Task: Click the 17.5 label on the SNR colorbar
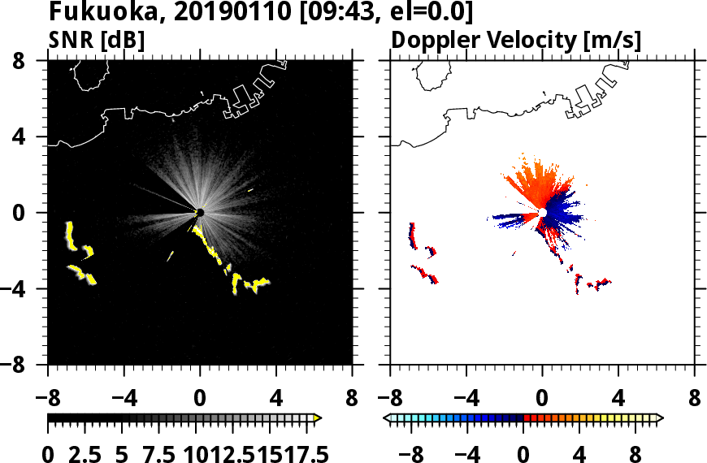pyautogui.click(x=301, y=453)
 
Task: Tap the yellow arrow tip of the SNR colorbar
pyautogui.click(x=318, y=418)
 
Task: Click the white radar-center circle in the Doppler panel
pyautogui.click(x=542, y=212)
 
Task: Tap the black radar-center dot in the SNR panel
pyautogui.click(x=200, y=212)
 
